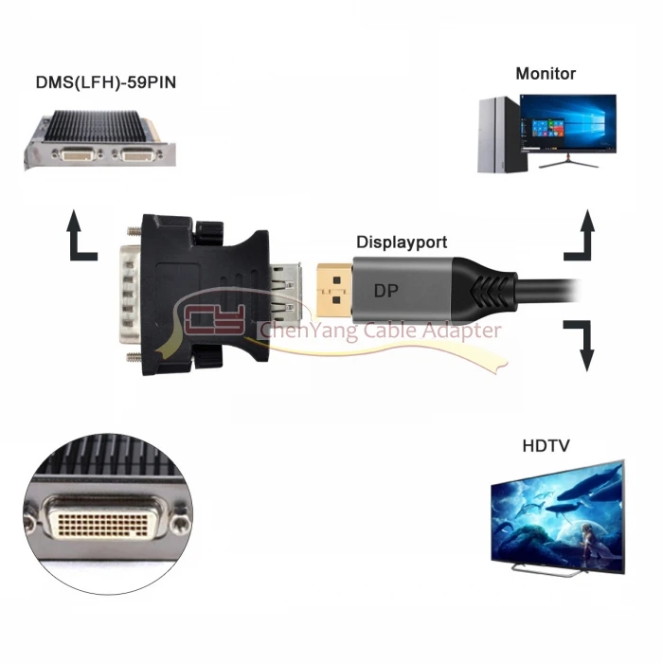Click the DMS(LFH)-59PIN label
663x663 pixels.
pos(105,81)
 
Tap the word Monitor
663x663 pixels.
pos(546,73)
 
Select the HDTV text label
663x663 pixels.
pos(546,445)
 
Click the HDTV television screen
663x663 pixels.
pos(557,512)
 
